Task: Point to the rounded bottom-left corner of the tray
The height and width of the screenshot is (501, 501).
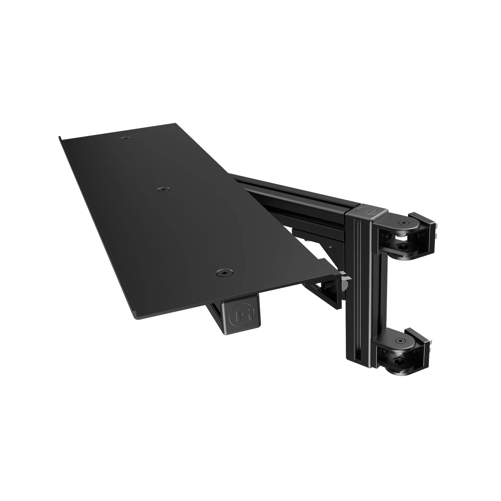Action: (138, 317)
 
